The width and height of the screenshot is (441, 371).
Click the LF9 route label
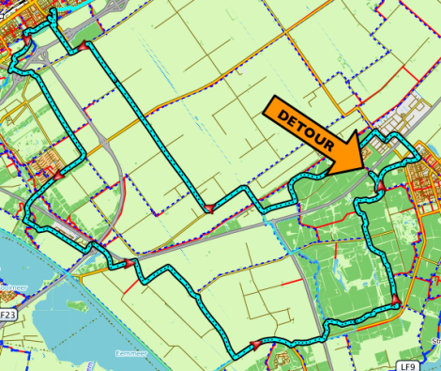point(406,364)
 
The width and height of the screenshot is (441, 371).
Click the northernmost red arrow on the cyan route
point(84,46)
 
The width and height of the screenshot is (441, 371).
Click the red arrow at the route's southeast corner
point(397,301)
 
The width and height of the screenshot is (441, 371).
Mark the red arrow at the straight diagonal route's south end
point(208,210)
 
